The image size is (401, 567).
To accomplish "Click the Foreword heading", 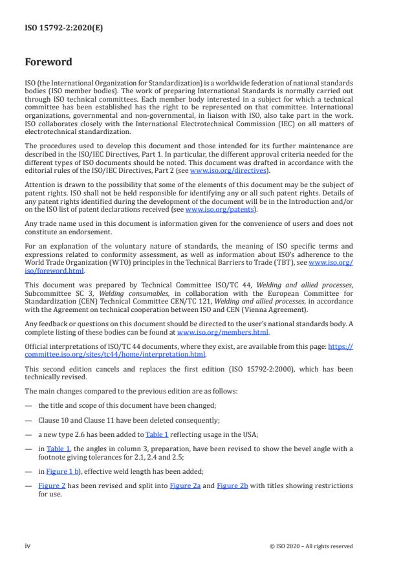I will point(49,63).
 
